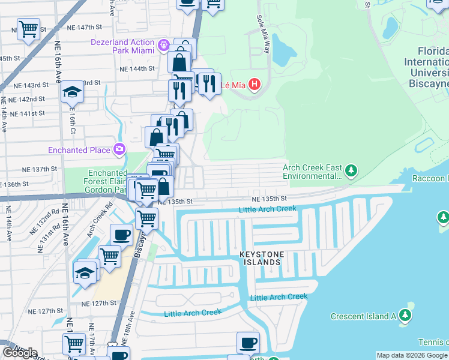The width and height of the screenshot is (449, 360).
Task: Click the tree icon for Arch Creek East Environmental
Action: coord(351,172)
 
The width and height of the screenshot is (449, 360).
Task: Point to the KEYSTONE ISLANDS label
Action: coord(261,259)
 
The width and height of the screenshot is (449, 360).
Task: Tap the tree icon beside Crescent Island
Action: coord(405,316)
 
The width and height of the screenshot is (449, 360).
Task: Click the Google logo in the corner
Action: coord(20,353)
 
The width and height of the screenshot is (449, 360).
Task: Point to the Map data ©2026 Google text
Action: coord(412,355)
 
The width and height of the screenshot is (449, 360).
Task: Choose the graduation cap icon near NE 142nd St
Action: coord(72,92)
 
